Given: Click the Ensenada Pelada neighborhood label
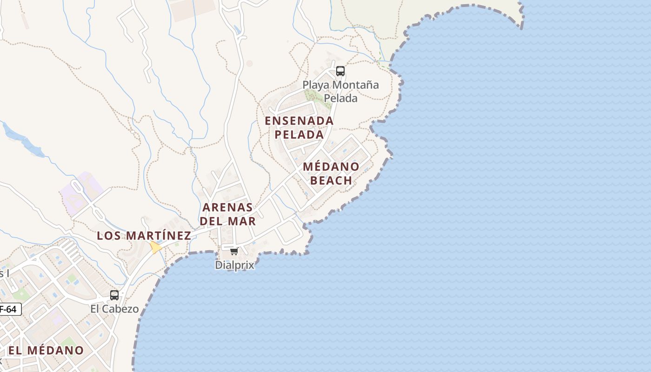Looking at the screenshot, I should click(x=299, y=127).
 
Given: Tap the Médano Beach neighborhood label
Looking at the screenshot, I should click(x=331, y=173).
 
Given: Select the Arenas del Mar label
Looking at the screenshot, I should click(x=228, y=214).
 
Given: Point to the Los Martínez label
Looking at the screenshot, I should click(x=144, y=236).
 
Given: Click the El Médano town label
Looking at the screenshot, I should click(x=46, y=350).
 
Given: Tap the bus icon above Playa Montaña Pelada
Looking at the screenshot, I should click(x=340, y=71).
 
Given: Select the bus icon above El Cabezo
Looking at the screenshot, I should click(x=114, y=295).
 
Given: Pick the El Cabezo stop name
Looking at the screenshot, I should click(x=114, y=309).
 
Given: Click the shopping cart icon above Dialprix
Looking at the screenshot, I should click(x=234, y=252).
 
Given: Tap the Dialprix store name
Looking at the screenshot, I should click(x=235, y=265).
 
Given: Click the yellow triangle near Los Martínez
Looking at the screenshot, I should click(x=155, y=247).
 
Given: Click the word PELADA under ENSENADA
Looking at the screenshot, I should click(x=299, y=134).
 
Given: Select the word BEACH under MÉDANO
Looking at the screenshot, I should click(x=331, y=180).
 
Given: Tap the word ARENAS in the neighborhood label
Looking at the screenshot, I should click(x=228, y=207).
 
